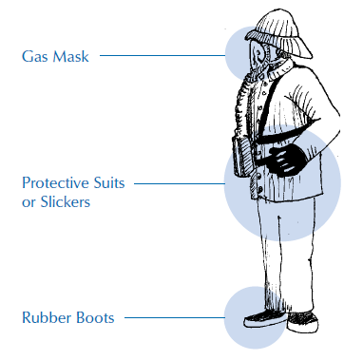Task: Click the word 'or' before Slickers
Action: click(x=29, y=201)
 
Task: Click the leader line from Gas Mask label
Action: click(x=162, y=56)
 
